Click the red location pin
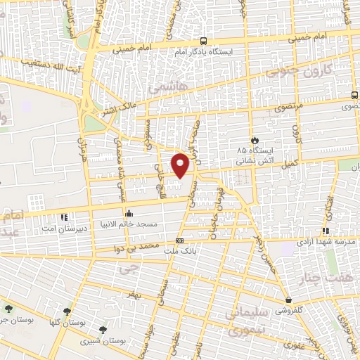point(181,165)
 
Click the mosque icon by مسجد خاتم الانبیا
point(128,213)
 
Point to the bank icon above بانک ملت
point(179,241)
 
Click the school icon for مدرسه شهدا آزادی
point(326,231)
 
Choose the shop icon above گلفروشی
point(288,300)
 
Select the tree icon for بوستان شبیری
point(103,329)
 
